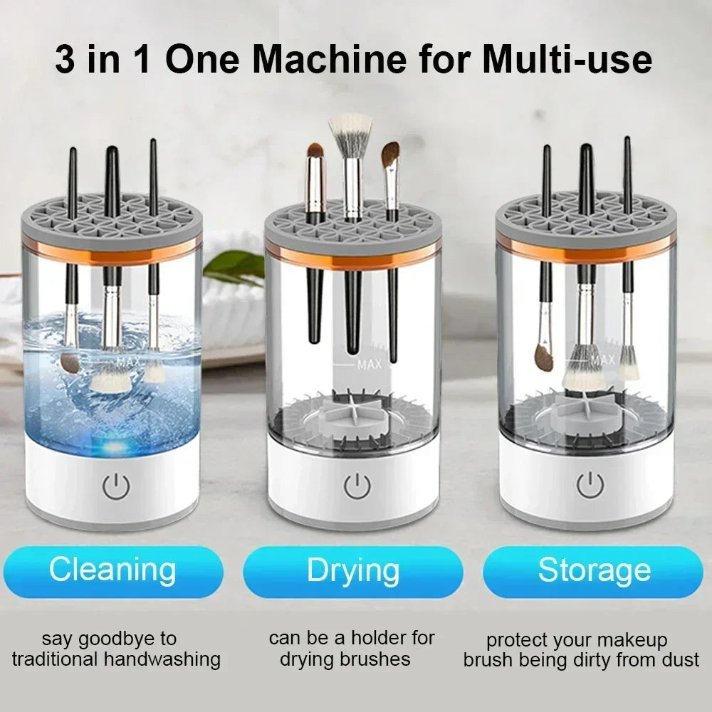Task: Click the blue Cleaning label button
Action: pyautogui.click(x=112, y=571)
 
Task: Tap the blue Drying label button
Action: pyautogui.click(x=353, y=571)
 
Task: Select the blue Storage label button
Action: pyautogui.click(x=594, y=571)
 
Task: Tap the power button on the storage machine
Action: pyautogui.click(x=590, y=485)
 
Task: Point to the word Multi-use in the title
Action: pyautogui.click(x=567, y=60)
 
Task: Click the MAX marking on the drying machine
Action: pyautogui.click(x=370, y=365)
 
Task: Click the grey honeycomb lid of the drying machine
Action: pyautogui.click(x=353, y=224)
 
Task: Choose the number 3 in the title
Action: pyautogui.click(x=66, y=60)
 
